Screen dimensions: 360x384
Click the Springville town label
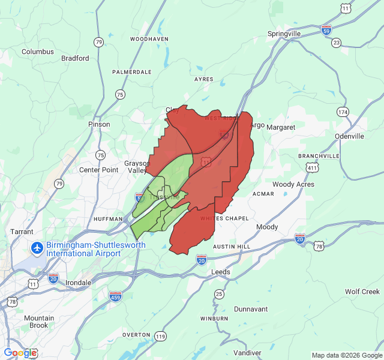pos(284,34)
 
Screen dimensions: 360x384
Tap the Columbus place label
pos(38,52)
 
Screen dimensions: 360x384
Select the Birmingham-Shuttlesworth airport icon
pos(37,247)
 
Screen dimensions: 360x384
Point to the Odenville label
pos(349,136)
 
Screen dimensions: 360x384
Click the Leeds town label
pos(220,272)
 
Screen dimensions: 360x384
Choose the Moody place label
pos(267,227)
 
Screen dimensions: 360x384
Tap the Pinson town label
pos(99,124)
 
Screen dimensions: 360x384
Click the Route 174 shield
pos(343,112)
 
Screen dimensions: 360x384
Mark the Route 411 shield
pos(311,168)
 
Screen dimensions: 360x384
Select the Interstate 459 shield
pos(116,296)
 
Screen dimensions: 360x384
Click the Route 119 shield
pos(160,337)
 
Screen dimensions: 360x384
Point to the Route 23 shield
pos(336,43)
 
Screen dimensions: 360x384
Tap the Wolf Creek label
pos(362,292)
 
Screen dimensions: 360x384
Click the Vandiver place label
pos(248,352)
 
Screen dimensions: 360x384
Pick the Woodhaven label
pos(149,39)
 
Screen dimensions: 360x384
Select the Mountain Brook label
pos(39,322)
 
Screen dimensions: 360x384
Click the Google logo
pos(20,353)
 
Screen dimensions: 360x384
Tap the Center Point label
pos(99,170)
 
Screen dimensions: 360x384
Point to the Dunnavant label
pos(251,309)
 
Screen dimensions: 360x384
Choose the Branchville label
pos(319,156)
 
